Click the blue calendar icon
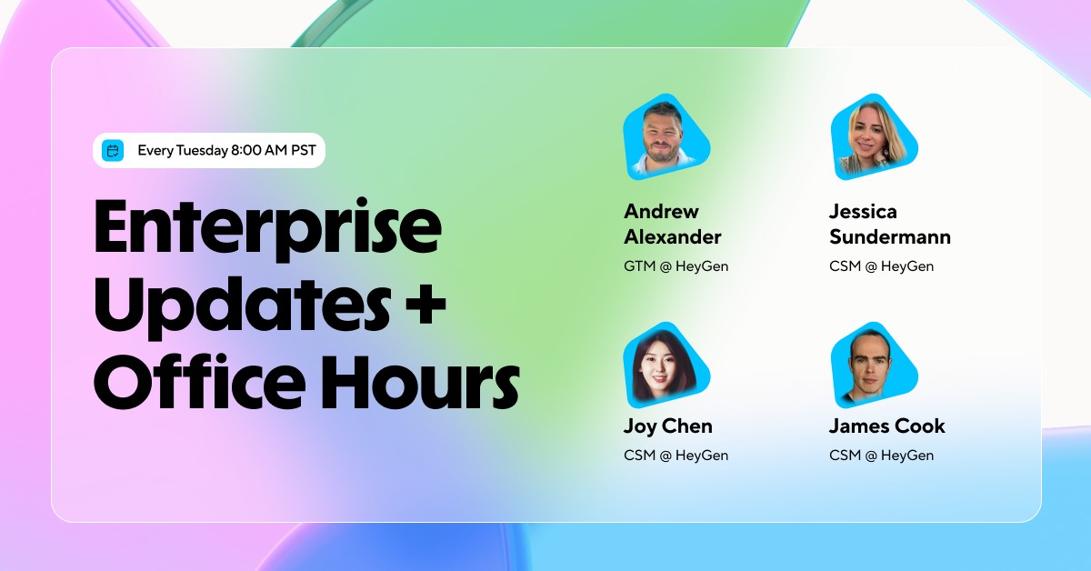(113, 150)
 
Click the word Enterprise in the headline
(267, 226)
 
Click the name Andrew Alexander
(672, 225)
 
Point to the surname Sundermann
(889, 237)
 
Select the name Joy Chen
(668, 426)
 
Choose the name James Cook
(886, 426)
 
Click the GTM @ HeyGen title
(676, 266)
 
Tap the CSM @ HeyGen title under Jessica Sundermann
(881, 266)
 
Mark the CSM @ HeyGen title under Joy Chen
(676, 456)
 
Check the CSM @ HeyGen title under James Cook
(881, 456)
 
